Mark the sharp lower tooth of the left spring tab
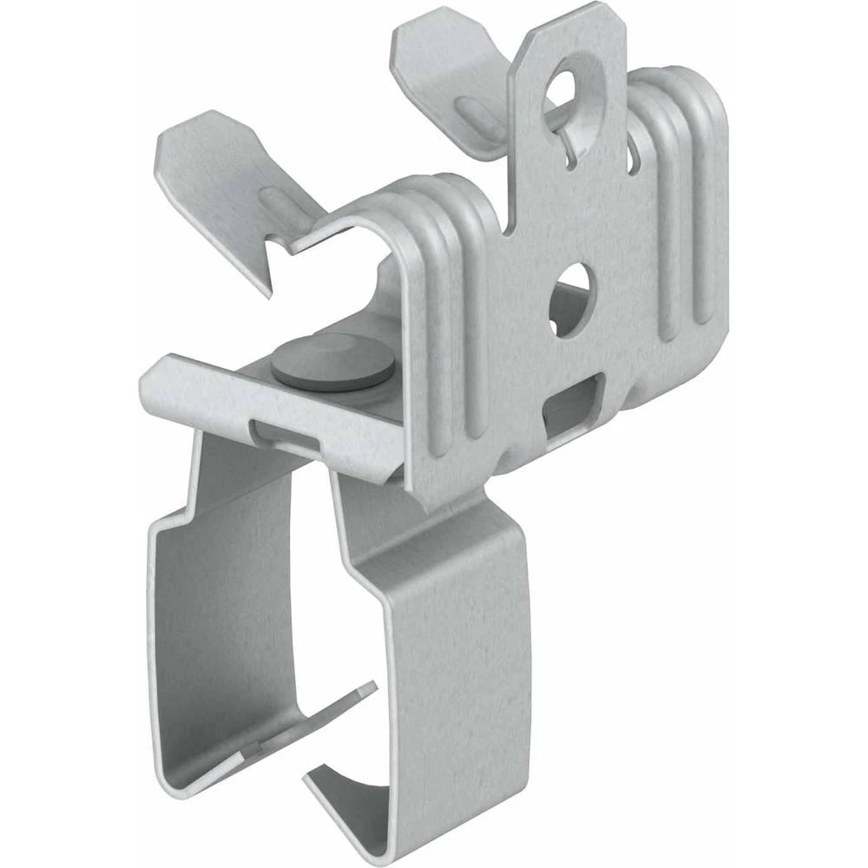coord(272,286)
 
